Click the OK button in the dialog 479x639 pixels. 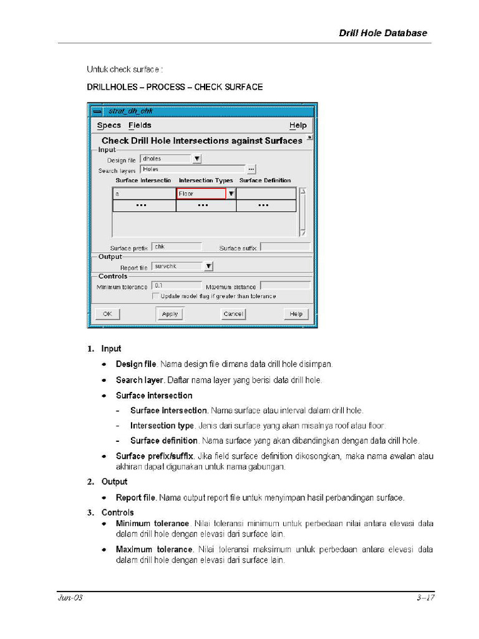[107, 314]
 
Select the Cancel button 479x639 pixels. [233, 314]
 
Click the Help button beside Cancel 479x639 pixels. [296, 314]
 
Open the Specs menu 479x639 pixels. [109, 125]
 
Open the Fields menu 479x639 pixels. [140, 125]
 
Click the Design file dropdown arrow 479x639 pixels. [197, 159]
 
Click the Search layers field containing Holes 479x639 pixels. [192, 169]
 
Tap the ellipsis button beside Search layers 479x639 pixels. [251, 169]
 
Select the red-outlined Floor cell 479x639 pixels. [201, 193]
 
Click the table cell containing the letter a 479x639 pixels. [144, 193]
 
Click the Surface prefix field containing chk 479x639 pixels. [177, 247]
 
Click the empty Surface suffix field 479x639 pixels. [284, 247]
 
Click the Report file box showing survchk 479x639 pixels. [177, 266]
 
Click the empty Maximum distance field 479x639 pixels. [284, 286]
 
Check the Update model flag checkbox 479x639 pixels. [155, 296]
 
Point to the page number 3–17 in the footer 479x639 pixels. [425, 598]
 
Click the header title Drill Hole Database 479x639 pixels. [383, 33]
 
